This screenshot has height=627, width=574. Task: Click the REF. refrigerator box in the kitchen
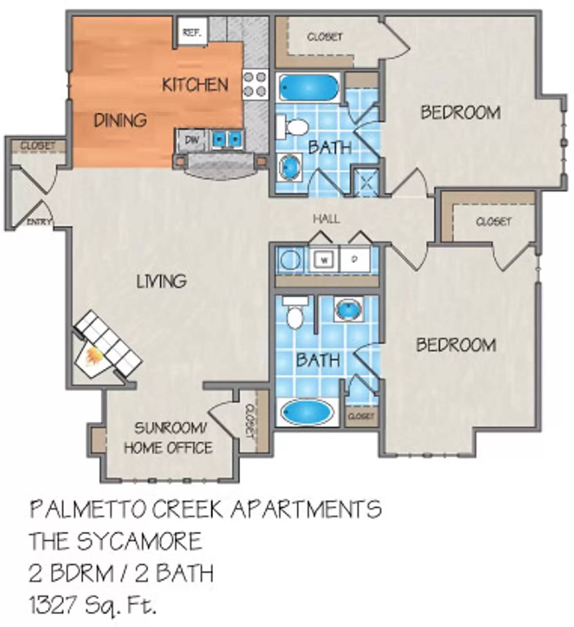191,32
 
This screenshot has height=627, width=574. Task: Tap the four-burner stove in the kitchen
255,83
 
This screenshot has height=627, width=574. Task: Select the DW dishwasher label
192,140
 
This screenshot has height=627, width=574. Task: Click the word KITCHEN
195,85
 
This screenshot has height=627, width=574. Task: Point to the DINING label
120,120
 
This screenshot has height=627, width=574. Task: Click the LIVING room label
161,281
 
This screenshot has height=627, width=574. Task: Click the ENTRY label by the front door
38,222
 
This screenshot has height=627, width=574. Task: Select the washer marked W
324,260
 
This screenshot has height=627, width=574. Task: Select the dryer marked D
355,259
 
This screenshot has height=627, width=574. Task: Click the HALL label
326,219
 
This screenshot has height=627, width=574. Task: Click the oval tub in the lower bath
307,413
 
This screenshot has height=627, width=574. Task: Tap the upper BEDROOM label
460,112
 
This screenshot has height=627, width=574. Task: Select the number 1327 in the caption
52,605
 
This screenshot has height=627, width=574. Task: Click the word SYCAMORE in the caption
139,541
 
